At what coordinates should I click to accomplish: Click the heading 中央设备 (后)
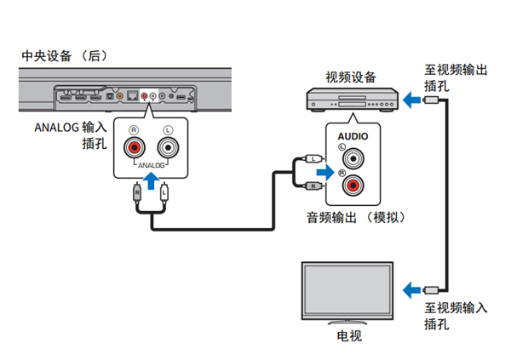coord(65,56)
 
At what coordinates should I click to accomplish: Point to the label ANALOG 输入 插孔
coord(73,134)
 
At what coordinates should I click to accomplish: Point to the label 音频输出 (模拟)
coord(356,217)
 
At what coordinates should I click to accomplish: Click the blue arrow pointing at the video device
coord(411,100)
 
